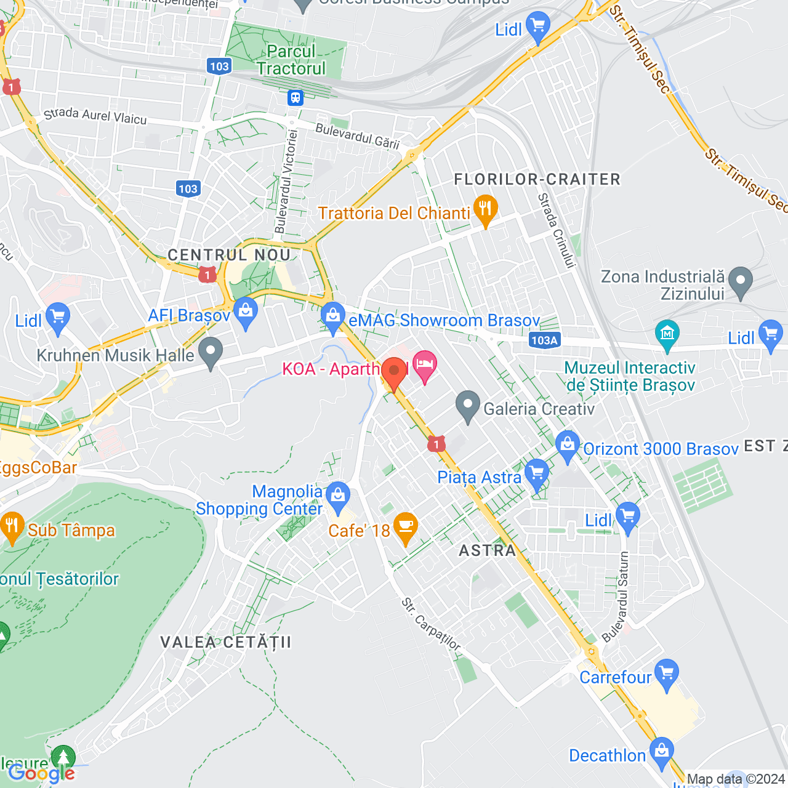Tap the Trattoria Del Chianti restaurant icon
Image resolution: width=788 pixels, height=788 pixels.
click(x=485, y=210)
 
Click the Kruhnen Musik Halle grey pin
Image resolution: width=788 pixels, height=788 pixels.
click(x=211, y=352)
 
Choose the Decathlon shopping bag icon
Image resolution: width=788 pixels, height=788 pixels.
click(x=662, y=752)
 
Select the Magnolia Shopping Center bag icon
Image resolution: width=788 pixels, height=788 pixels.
click(x=337, y=494)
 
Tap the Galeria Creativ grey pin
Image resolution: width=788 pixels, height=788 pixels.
click(x=468, y=405)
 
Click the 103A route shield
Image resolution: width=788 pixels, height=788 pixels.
click(x=544, y=340)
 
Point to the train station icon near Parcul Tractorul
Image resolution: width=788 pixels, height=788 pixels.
click(x=295, y=97)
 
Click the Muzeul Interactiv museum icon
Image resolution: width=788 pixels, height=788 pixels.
click(x=667, y=334)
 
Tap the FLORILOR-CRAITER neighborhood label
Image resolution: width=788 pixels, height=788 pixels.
click(x=537, y=179)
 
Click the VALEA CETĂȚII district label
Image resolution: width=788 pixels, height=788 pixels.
click(x=225, y=642)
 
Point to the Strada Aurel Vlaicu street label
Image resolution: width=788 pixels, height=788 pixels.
click(x=95, y=115)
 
